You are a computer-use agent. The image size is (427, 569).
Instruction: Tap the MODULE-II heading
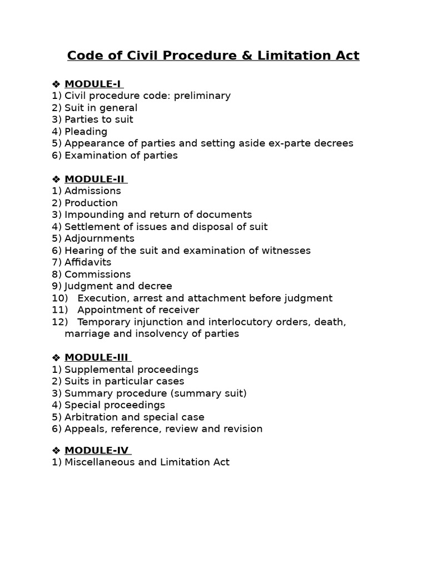95,179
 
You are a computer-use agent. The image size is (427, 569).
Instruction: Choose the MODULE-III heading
96,357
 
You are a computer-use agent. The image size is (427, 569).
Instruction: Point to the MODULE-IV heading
96,450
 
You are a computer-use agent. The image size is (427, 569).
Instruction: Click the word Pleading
86,132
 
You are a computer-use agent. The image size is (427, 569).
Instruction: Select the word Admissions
92,191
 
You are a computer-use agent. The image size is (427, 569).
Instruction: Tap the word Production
91,203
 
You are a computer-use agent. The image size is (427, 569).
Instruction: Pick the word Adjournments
99,238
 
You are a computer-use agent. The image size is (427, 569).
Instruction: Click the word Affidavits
88,262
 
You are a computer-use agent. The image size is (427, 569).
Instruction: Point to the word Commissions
97,274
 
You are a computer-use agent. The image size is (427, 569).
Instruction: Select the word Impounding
91,214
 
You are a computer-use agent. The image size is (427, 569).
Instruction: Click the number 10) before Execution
59,298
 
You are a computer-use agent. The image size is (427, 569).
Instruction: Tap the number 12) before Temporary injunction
59,322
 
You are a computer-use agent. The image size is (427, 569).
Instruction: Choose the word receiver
180,310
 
